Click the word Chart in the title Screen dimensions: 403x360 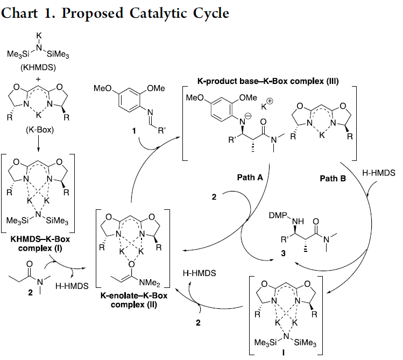point(19,13)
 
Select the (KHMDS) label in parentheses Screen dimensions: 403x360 point(38,67)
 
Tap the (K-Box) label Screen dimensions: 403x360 point(40,130)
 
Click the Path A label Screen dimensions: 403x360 point(250,177)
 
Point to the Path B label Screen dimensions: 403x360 point(333,178)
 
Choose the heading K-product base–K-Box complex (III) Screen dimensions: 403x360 point(268,81)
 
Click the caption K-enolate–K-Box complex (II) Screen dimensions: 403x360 point(133,300)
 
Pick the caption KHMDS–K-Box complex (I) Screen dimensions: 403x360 point(40,244)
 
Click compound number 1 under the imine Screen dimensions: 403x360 point(134,131)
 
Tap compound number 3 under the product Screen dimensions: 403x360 point(283,253)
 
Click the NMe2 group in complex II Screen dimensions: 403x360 point(150,283)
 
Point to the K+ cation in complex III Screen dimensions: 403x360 point(266,104)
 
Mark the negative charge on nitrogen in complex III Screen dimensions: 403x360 point(248,116)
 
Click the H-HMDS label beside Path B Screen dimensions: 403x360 point(379,173)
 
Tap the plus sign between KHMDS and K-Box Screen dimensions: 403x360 point(38,79)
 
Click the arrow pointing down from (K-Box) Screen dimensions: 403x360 point(38,143)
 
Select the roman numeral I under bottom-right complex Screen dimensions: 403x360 point(284,352)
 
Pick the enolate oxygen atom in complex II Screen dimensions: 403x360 point(132,264)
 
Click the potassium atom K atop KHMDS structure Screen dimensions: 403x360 point(39,35)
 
